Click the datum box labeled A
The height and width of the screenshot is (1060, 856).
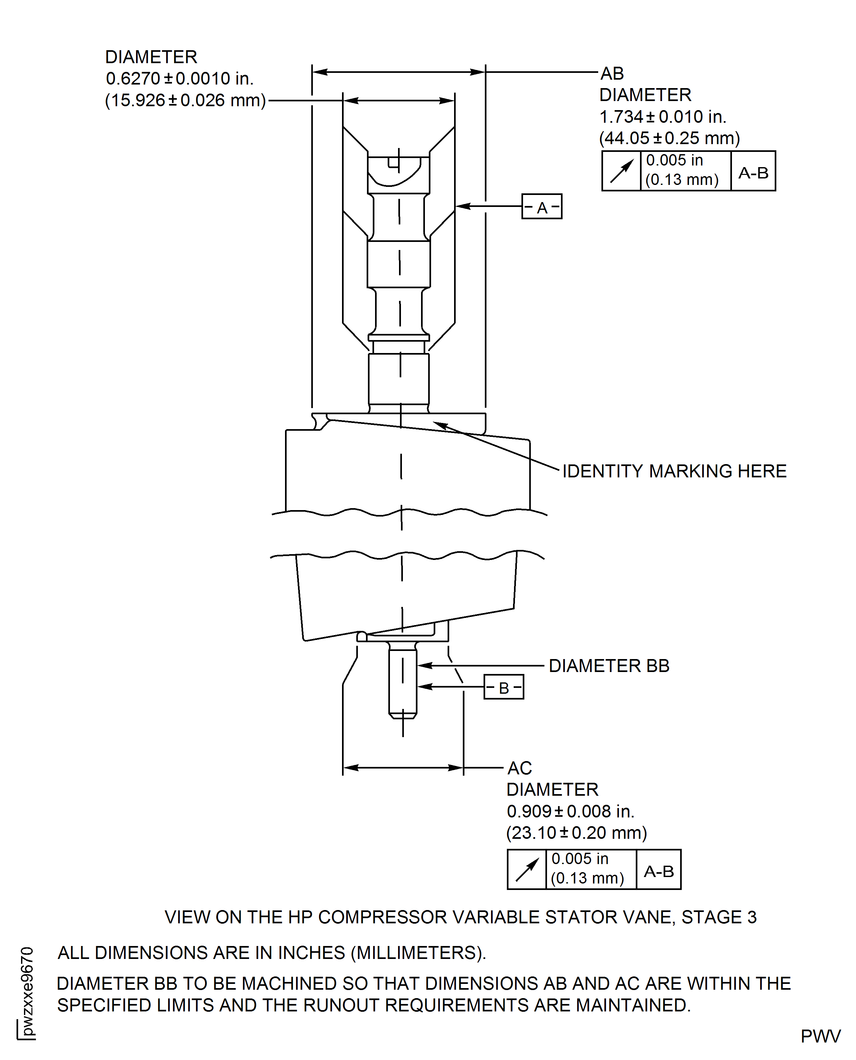click(x=542, y=207)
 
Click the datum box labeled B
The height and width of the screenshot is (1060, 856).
click(x=503, y=687)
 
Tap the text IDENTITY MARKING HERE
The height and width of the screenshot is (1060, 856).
click(x=674, y=471)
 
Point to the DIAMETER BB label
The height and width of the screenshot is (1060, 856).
click(x=609, y=666)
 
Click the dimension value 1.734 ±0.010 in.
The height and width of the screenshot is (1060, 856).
click(x=663, y=117)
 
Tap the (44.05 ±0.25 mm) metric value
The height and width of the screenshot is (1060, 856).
click(x=669, y=139)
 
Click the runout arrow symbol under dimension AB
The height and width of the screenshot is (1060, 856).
click(x=621, y=171)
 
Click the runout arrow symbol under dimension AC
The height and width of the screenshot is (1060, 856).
click(x=527, y=870)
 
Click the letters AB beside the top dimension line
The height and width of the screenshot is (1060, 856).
click(x=612, y=74)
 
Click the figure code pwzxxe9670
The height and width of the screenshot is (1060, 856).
click(x=28, y=991)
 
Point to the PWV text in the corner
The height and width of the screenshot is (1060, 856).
click(x=820, y=1036)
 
